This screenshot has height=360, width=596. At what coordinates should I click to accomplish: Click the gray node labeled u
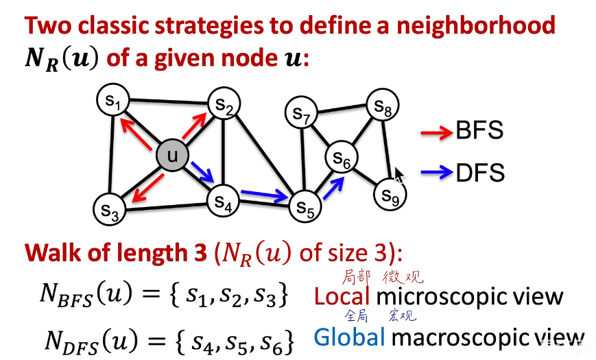click(173, 155)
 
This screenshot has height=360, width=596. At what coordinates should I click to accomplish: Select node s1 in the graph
click(113, 99)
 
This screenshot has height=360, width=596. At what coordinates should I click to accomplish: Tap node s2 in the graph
click(224, 104)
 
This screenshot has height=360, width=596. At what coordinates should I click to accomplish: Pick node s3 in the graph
click(110, 209)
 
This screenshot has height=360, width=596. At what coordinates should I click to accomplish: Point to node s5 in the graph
click(305, 206)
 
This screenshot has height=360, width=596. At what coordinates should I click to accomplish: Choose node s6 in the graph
click(342, 157)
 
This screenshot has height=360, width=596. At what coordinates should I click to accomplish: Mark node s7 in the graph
click(301, 112)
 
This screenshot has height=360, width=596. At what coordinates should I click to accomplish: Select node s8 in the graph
click(383, 104)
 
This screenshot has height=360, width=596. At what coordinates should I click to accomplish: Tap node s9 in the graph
click(390, 194)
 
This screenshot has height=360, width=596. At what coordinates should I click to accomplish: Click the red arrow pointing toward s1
click(136, 133)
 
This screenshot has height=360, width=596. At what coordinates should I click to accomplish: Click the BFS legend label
click(479, 130)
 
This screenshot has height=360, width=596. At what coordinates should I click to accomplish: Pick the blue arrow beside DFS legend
click(437, 173)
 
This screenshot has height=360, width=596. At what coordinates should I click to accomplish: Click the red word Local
click(342, 296)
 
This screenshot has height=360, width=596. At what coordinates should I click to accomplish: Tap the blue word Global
click(349, 337)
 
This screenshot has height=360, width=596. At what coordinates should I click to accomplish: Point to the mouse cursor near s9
click(399, 176)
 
